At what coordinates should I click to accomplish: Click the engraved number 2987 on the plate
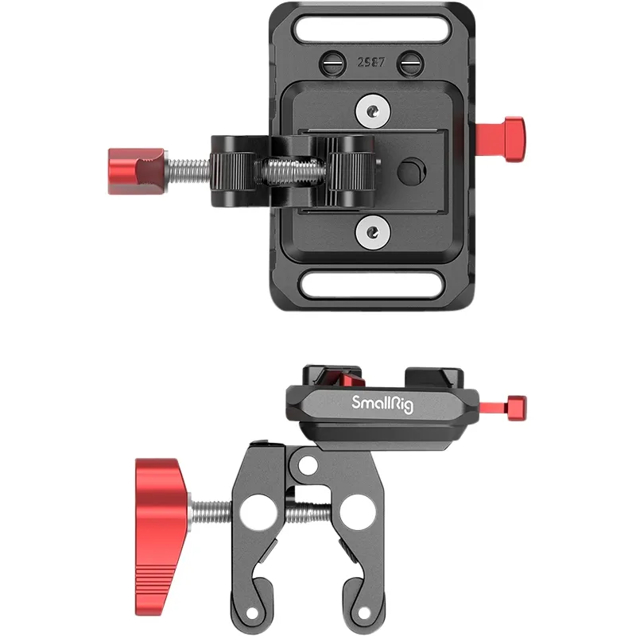[x=370, y=62]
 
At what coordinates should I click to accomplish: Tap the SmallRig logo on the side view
[x=382, y=404]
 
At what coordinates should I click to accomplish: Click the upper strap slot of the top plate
[x=372, y=28]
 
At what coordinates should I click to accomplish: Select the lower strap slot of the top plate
[x=372, y=285]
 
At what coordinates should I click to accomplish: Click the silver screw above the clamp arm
[x=373, y=111]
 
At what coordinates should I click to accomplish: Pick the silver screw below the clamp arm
[x=373, y=232]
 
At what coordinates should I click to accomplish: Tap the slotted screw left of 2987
[x=332, y=64]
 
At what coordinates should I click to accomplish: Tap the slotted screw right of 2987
[x=410, y=64]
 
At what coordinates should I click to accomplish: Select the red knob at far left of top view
[x=136, y=171]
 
